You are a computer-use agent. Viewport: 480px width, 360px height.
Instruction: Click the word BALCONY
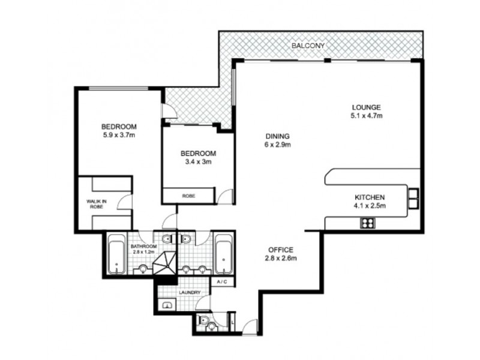[309, 46]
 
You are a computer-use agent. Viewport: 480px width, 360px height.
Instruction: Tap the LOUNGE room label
[367, 107]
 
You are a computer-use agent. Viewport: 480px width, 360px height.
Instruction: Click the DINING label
[277, 136]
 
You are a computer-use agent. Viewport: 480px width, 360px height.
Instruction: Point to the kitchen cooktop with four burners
[367, 223]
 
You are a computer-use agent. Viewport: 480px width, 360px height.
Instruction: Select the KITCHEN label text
[369, 197]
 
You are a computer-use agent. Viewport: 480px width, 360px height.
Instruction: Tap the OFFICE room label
[281, 250]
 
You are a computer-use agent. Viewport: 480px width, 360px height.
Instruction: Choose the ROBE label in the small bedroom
[188, 196]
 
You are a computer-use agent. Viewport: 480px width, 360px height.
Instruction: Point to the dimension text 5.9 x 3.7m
[119, 135]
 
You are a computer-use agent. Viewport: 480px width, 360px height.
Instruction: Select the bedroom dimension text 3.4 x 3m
[198, 161]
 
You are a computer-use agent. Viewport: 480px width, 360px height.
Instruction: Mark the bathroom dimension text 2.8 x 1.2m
[144, 252]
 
